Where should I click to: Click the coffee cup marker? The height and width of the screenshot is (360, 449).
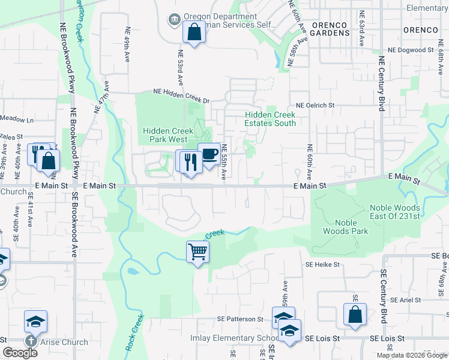[x=209, y=155]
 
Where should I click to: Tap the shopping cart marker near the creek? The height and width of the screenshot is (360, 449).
[x=197, y=251]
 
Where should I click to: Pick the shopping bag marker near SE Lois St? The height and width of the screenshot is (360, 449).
[x=355, y=314]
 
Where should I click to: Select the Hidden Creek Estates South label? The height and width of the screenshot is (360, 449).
[x=270, y=119]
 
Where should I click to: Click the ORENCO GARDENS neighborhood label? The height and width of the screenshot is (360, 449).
[x=330, y=29]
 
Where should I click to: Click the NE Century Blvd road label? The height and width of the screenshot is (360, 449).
[x=381, y=83]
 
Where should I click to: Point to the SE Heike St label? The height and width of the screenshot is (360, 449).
[x=322, y=264]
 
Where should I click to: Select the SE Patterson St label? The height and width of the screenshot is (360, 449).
[x=241, y=319]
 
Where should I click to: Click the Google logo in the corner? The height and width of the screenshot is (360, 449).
[x=20, y=353]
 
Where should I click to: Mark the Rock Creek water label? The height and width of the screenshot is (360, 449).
[x=135, y=334]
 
